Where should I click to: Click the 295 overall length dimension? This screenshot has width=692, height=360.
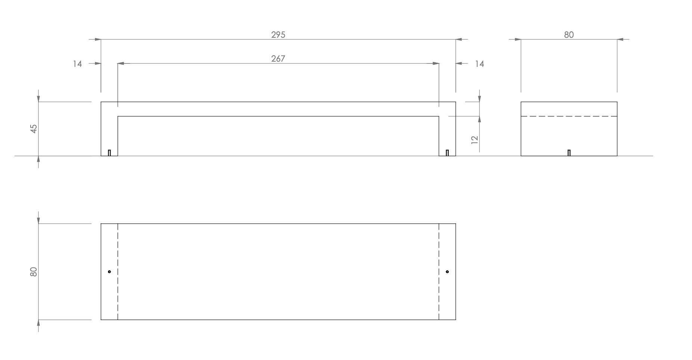(x=278, y=35)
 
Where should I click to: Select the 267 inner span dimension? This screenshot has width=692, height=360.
(x=278, y=59)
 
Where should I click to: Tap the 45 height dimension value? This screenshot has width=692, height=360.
(x=34, y=129)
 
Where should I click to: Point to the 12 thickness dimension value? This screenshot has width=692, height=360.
(x=475, y=140)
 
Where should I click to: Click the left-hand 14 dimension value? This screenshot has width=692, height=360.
(x=77, y=64)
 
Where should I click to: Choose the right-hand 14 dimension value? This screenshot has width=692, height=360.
(x=479, y=64)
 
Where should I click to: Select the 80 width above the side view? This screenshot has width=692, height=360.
(x=569, y=35)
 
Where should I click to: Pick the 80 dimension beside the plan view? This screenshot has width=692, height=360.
(x=34, y=271)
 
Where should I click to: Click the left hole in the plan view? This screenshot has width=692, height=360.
(x=109, y=271)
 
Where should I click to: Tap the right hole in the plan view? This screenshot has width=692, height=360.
(x=447, y=271)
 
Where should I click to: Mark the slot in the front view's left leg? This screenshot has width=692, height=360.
(x=109, y=153)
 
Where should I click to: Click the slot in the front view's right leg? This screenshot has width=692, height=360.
(x=447, y=153)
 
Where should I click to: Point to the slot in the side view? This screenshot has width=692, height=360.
(x=569, y=153)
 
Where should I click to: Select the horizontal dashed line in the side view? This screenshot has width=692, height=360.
(x=569, y=117)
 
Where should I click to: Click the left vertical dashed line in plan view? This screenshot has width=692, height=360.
(x=118, y=271)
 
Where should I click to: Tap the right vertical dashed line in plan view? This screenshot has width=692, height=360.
(x=439, y=271)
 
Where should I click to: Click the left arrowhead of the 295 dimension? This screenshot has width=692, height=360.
(x=98, y=39)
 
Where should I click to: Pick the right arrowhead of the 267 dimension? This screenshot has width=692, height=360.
(x=436, y=63)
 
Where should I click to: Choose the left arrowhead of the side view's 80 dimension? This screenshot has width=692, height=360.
(x=518, y=39)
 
